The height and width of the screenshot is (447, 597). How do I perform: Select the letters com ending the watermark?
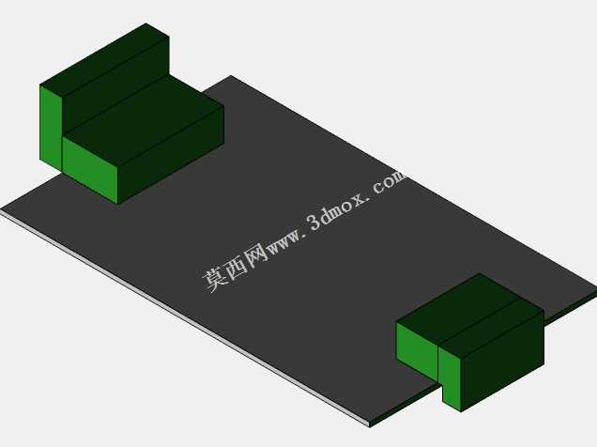[x=390, y=183]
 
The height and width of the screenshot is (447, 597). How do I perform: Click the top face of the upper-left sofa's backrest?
[x=105, y=60]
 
